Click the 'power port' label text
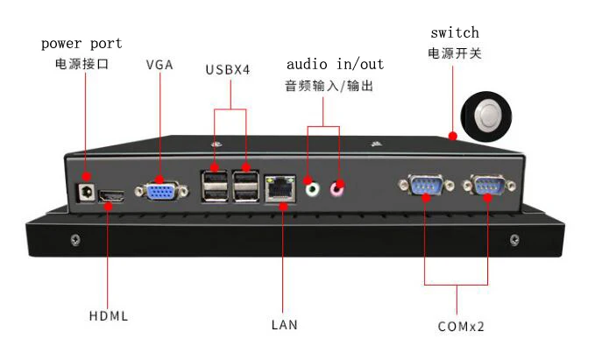(x=81, y=43)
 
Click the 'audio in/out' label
(x=335, y=64)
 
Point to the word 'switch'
(x=454, y=32)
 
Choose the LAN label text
(x=284, y=325)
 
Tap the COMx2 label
(x=461, y=326)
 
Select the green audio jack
(x=311, y=186)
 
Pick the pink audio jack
(x=336, y=186)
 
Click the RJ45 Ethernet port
(x=281, y=187)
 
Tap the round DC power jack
(x=86, y=192)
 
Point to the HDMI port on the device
(x=111, y=196)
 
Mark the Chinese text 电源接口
(x=81, y=65)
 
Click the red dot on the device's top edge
(x=452, y=136)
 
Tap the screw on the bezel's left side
(x=76, y=238)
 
